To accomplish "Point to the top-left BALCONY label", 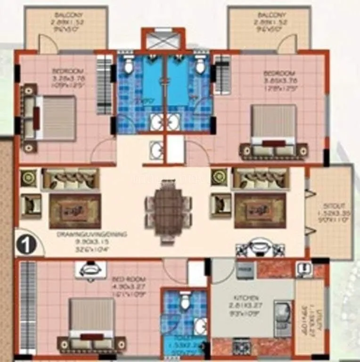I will click(66, 16).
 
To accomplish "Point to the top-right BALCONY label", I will click(269, 16).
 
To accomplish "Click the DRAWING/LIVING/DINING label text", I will click(81, 234).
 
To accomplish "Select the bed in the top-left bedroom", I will click(53, 117).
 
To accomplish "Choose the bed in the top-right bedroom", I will click(273, 125).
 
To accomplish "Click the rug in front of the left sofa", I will click(75, 210).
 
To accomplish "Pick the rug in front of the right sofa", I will click(260, 210).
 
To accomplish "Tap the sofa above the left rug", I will click(70, 180).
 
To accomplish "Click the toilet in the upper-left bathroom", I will click(128, 66).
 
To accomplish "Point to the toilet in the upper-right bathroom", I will click(200, 66).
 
